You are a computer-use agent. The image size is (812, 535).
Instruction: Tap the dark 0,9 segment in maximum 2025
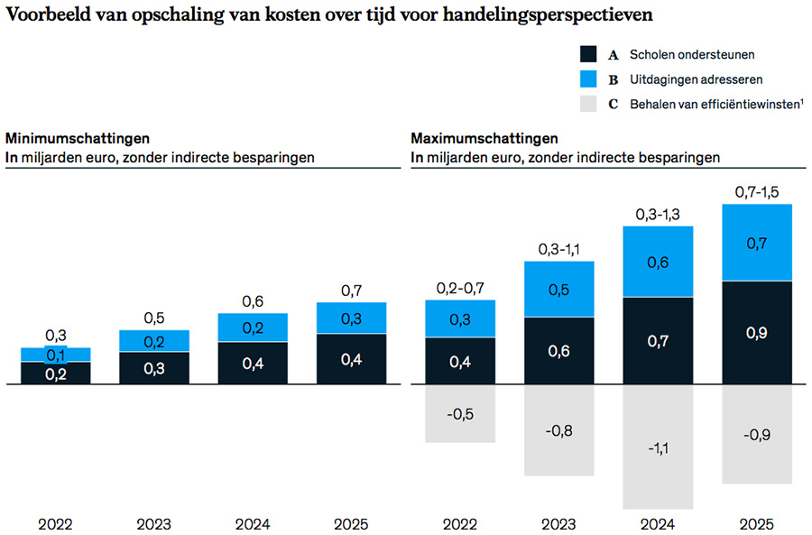(758, 333)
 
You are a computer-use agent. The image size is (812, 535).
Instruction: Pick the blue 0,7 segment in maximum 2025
(758, 243)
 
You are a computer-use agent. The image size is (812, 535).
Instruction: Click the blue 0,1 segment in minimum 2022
(55, 354)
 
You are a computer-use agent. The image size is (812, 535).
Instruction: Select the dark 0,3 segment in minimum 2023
(154, 368)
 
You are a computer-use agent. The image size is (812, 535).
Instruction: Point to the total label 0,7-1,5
(758, 192)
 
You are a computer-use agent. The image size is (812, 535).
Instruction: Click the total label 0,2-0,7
(460, 288)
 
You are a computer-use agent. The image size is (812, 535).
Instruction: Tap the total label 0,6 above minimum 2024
(254, 302)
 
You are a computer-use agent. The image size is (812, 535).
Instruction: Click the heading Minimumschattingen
(77, 139)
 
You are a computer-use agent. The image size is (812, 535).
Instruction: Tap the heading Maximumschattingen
(484, 139)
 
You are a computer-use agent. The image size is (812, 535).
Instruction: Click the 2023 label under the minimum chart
(154, 523)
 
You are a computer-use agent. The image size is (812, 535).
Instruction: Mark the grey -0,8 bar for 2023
(559, 429)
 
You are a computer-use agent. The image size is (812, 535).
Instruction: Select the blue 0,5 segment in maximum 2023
(559, 289)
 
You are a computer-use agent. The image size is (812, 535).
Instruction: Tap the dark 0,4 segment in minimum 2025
(352, 359)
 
